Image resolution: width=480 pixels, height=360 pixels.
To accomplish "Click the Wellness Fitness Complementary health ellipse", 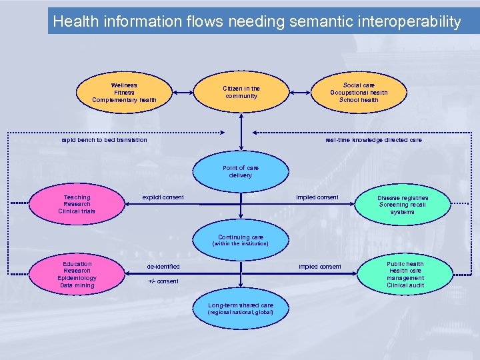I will pos(124,93).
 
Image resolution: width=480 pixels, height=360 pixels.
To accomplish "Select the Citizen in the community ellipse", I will pos(241,92).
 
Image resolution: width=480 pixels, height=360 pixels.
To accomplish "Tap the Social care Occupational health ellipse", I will pos(359,93).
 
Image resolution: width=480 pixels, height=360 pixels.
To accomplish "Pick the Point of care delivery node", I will pos(241,172).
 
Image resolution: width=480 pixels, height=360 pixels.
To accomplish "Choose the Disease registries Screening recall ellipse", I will pos(403,205).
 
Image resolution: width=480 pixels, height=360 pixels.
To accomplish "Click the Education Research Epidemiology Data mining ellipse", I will pos(77,275).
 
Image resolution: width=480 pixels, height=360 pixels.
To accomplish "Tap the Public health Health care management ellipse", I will pos(405,275).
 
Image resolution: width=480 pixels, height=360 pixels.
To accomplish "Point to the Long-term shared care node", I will pos(241,308).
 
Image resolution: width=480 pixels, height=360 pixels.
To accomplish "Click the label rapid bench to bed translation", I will pos(105,140).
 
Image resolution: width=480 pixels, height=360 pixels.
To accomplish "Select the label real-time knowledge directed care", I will pos(373,140).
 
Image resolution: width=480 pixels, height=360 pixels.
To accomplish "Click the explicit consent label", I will pos(163,197).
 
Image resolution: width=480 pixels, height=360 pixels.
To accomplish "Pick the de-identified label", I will pos(163,267).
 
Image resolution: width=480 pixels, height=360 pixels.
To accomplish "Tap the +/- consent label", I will pos(163,281).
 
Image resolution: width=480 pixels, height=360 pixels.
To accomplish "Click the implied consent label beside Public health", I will pos(320,267).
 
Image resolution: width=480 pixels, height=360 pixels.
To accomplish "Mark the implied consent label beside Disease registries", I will pos(317,197).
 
